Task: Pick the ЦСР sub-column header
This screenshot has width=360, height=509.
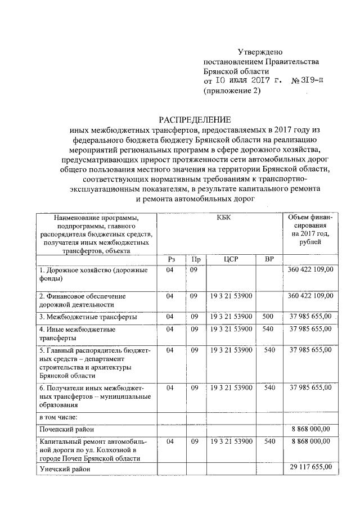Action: (231, 259)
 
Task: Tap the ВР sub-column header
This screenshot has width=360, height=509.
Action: (269, 259)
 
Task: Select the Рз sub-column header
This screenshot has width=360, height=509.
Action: (171, 259)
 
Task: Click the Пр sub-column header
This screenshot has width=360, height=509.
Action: (195, 259)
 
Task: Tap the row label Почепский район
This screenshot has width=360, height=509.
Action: (63, 429)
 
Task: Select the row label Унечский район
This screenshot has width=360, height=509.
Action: (62, 468)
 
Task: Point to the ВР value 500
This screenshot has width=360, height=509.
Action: (268, 316)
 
